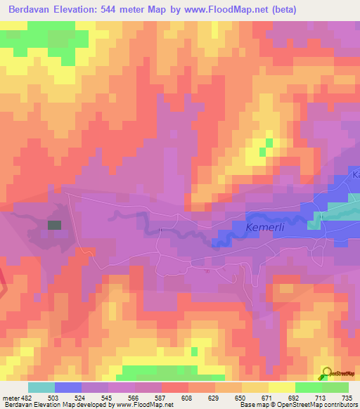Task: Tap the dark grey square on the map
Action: point(54,225)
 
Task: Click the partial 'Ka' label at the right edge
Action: point(355,174)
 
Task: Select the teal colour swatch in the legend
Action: point(41,387)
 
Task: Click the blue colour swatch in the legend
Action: point(67,387)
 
